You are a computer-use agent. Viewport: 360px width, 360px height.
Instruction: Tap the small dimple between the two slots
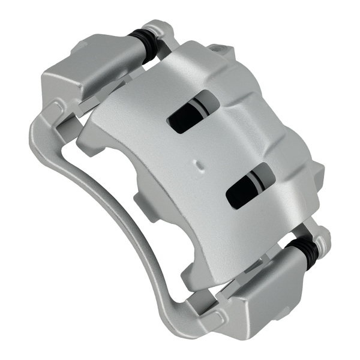(199, 163)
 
